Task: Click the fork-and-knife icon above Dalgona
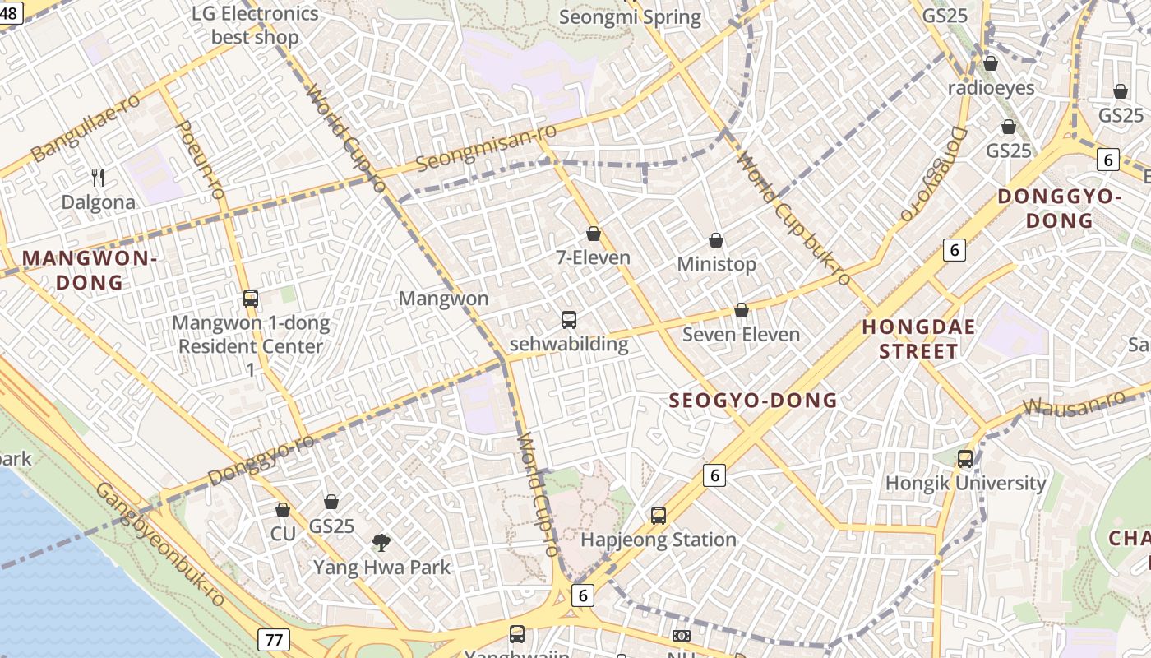(98, 177)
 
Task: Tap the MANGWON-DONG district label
(89, 271)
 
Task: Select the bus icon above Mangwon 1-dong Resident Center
(251, 299)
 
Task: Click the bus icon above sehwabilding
(568, 320)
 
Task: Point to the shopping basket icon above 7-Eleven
(594, 234)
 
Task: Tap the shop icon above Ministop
(716, 240)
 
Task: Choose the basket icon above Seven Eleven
(742, 310)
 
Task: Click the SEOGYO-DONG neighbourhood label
(753, 401)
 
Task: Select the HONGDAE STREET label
(918, 339)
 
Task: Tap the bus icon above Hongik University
(965, 459)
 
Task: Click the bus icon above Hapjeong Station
(659, 516)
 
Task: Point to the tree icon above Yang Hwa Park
(381, 542)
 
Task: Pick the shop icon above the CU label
(283, 510)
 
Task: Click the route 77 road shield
(274, 639)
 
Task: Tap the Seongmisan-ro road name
(486, 148)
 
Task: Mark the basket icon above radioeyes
(991, 63)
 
